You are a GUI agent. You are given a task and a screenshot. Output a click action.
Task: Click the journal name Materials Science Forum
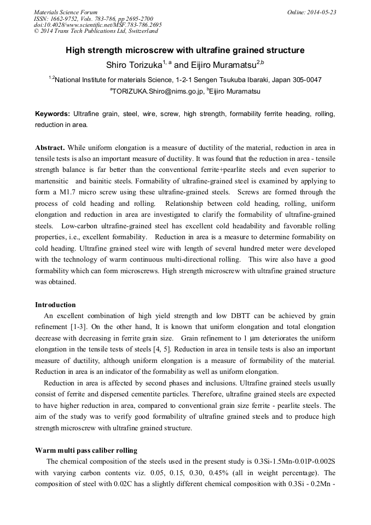[66, 12]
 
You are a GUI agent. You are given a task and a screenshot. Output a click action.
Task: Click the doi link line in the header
[97, 25]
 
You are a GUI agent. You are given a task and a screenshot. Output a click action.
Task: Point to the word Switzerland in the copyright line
[141, 31]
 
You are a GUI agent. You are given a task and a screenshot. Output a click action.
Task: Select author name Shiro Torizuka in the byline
[134, 66]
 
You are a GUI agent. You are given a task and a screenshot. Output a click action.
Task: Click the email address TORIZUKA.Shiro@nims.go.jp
[156, 92]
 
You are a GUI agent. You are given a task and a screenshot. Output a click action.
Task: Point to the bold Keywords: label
[53, 114]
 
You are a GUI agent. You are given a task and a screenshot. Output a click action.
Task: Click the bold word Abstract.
[50, 148]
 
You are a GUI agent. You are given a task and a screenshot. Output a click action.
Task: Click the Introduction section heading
[55, 305]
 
